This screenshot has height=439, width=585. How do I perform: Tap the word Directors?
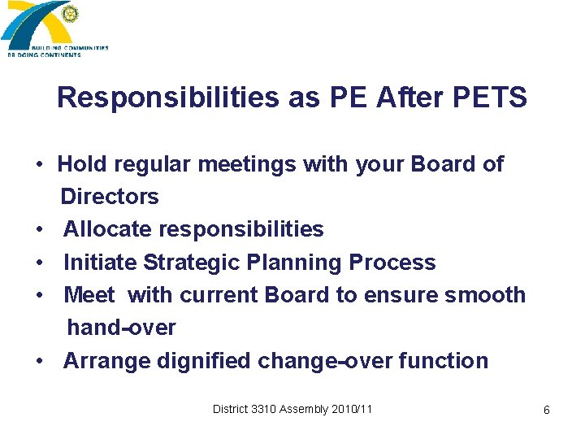pos(110,197)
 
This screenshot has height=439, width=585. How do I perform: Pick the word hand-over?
pos(121,328)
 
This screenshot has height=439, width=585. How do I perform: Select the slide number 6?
pos(546,411)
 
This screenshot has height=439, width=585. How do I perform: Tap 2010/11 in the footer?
pos(352,409)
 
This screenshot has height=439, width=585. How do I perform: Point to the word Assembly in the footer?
pos(304,409)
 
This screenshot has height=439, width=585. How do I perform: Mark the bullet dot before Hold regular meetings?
pos(39,165)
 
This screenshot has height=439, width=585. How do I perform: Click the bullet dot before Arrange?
pos(39,362)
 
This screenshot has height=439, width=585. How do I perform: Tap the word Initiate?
pos(100,263)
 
